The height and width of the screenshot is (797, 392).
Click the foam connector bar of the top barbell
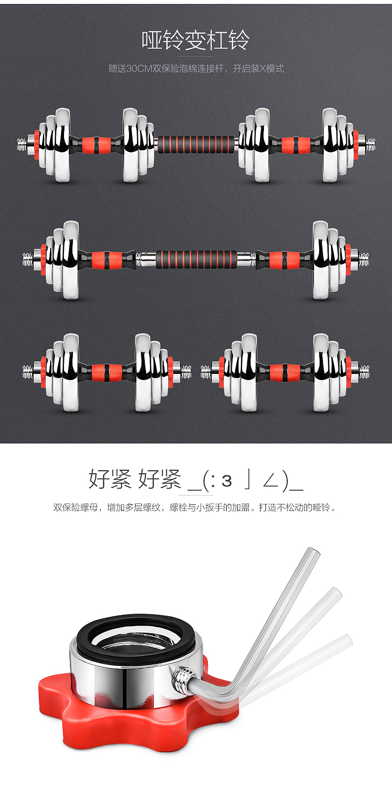coord(196,145)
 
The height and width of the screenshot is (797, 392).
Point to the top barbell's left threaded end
coord(22,145)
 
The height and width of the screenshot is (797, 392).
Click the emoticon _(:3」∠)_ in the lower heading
coord(246,481)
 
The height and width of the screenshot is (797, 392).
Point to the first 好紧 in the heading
coord(110,480)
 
